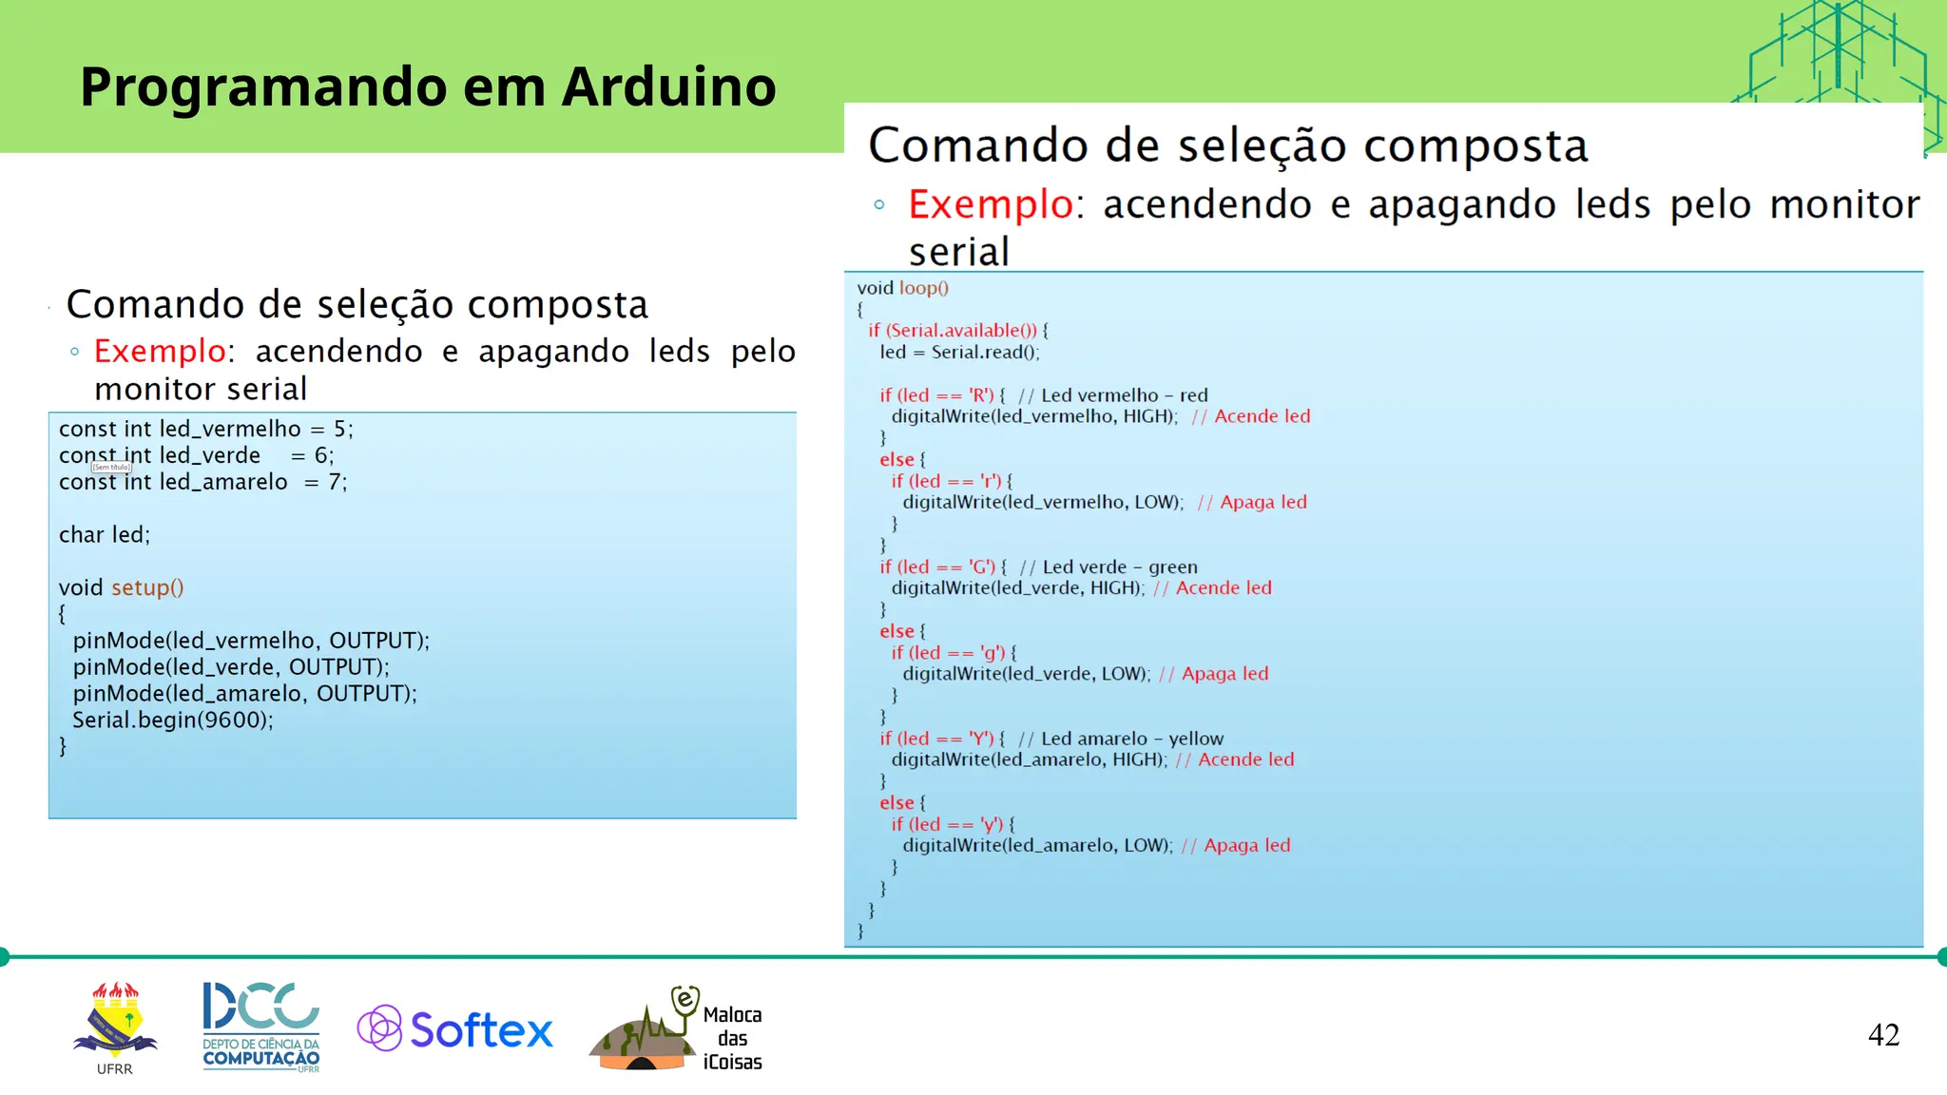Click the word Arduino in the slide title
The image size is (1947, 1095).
click(668, 87)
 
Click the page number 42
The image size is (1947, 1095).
click(1883, 1035)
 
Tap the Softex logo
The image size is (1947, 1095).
click(455, 1029)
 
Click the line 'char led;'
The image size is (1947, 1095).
click(105, 535)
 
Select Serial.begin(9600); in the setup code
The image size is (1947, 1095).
click(173, 720)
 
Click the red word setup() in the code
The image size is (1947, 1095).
click(147, 587)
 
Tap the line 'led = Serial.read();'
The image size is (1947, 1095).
click(959, 353)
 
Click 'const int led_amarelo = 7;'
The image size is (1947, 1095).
click(202, 483)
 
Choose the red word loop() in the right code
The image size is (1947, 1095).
click(923, 288)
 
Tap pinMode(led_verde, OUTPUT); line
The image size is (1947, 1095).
click(231, 667)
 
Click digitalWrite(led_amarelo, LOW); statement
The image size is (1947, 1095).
click(1037, 846)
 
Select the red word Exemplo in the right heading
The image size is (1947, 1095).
click(990, 205)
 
